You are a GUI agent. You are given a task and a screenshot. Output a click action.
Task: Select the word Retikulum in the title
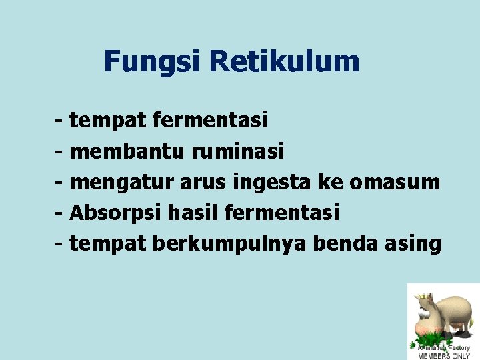[284, 62]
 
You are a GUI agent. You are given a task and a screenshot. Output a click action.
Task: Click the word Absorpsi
[115, 213]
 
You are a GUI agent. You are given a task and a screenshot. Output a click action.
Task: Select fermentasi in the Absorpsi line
[282, 213]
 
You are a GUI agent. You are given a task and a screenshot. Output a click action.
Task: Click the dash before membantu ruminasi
[60, 152]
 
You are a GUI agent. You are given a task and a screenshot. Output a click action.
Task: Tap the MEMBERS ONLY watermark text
[443, 355]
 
